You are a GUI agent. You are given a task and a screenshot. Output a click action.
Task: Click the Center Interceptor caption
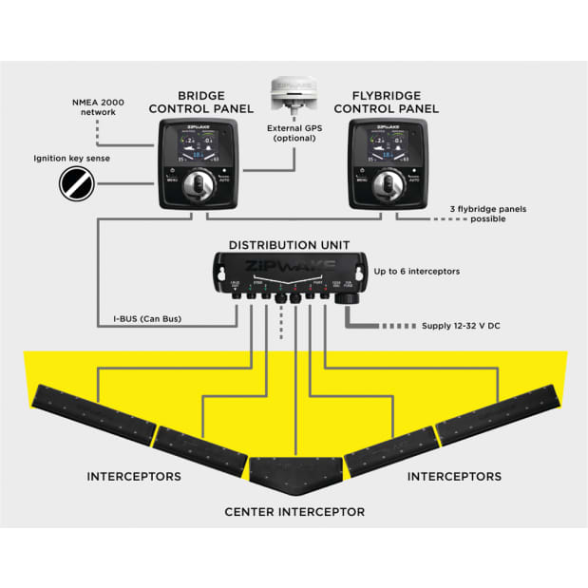294,512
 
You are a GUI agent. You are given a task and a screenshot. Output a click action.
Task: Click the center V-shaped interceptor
294,469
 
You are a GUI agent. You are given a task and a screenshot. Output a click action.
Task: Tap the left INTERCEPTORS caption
133,476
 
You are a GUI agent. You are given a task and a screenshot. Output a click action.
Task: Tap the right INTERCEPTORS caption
454,476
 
